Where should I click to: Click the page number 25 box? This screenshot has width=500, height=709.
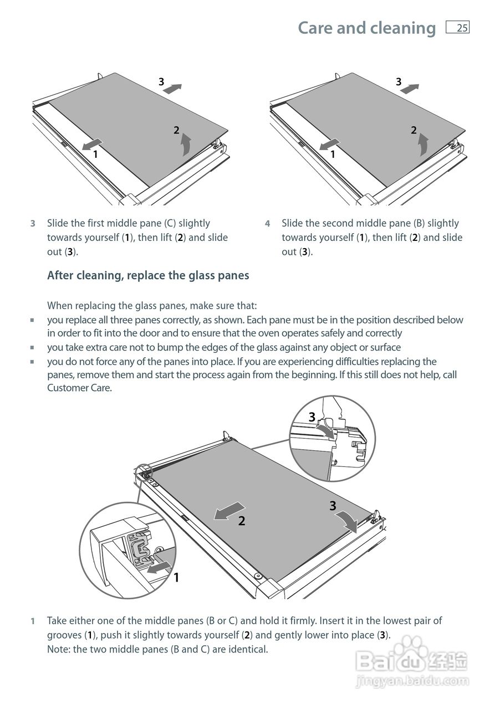pos(458,28)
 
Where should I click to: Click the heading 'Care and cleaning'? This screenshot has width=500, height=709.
pos(366,28)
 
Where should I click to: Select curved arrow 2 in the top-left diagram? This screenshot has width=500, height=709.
pos(186,146)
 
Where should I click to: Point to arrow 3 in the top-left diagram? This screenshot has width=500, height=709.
pos(172,88)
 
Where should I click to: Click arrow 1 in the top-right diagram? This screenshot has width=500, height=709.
pos(329,144)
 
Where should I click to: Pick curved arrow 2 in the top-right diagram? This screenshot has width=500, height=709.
pos(424,145)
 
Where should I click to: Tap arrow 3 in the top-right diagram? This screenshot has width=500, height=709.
pos(410,88)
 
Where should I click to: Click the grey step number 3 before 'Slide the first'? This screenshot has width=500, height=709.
pos(33,224)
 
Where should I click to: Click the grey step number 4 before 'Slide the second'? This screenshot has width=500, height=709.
pos(267,224)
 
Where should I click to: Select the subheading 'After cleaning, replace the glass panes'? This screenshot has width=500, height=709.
pos(148,275)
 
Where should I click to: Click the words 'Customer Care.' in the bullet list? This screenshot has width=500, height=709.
pos(79,388)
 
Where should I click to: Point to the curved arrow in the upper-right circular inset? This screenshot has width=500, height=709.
pos(326,430)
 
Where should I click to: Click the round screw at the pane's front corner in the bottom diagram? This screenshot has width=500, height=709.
pos(258,576)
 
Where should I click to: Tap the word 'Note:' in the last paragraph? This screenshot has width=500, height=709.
pos(59,649)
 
